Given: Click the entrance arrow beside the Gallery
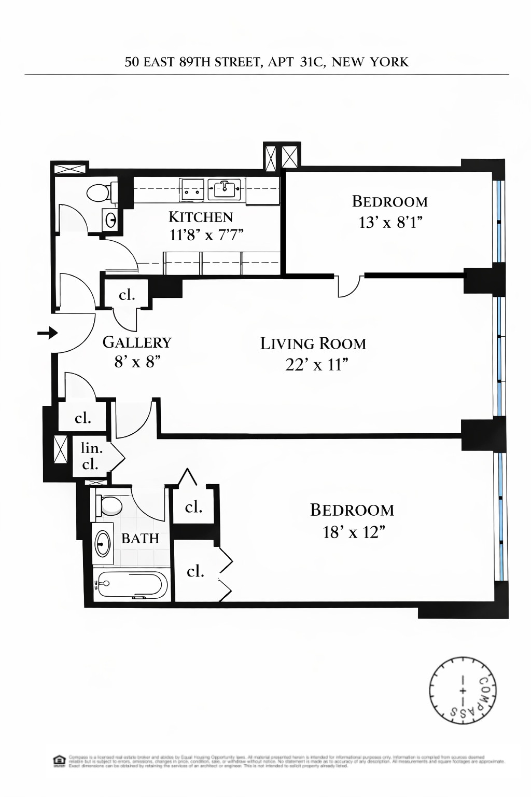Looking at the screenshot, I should click(x=48, y=333).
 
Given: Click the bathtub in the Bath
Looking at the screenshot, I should click(x=132, y=585).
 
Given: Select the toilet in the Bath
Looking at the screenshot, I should click(x=109, y=505).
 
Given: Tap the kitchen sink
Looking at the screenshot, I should click(x=225, y=189).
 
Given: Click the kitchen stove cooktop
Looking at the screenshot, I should click(x=192, y=189).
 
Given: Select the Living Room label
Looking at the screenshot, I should click(x=313, y=343).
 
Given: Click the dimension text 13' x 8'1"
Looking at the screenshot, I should click(x=390, y=223).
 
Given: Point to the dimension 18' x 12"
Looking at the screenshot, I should click(x=354, y=532).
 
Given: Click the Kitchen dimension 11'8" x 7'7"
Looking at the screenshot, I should click(x=206, y=235).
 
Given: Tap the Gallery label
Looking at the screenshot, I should click(x=137, y=342).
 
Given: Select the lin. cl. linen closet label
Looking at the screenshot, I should click(x=91, y=456).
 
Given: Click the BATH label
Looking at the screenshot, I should click(x=140, y=539).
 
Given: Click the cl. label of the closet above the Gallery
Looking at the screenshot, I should click(x=127, y=295).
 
